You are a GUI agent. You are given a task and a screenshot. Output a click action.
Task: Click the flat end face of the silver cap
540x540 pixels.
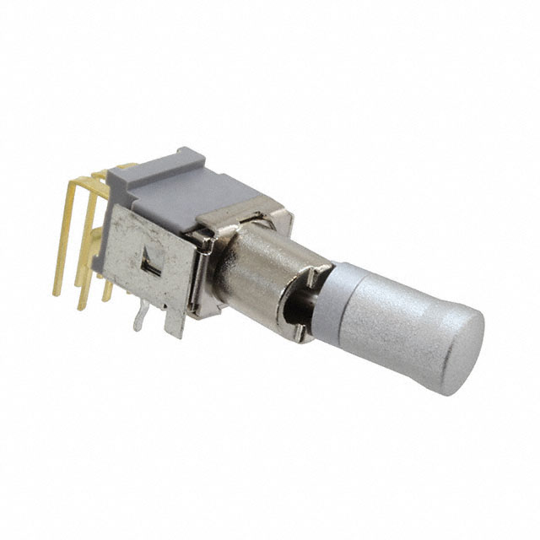pyautogui.click(x=456, y=346)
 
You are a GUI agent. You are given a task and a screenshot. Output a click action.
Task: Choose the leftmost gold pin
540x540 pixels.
pyautogui.click(x=61, y=245)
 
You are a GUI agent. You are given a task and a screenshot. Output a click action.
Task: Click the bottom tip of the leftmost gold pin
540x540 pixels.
pyautogui.click(x=56, y=293)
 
